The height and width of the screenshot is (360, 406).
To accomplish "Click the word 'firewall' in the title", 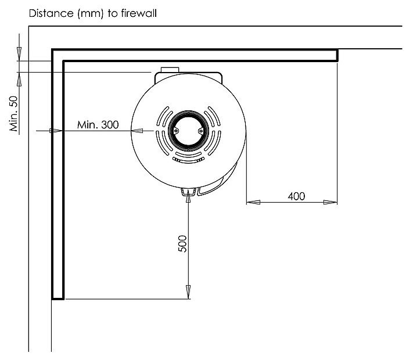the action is click(x=139, y=13).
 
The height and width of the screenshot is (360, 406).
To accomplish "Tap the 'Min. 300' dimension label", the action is click(x=98, y=125).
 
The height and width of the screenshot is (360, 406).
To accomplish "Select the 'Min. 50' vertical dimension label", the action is click(x=13, y=114).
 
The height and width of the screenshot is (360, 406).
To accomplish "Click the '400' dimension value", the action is click(x=296, y=196).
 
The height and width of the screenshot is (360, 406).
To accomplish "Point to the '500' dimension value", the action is click(x=182, y=243).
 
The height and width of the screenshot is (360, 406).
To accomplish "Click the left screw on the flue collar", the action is click(x=176, y=131).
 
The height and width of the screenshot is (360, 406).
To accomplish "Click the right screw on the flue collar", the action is click(x=200, y=131).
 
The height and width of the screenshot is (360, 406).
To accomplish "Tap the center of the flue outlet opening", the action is click(x=188, y=131).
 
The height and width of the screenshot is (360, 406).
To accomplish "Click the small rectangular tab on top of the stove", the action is click(x=170, y=70).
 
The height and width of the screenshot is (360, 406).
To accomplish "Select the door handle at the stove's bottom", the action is click(x=188, y=192).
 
